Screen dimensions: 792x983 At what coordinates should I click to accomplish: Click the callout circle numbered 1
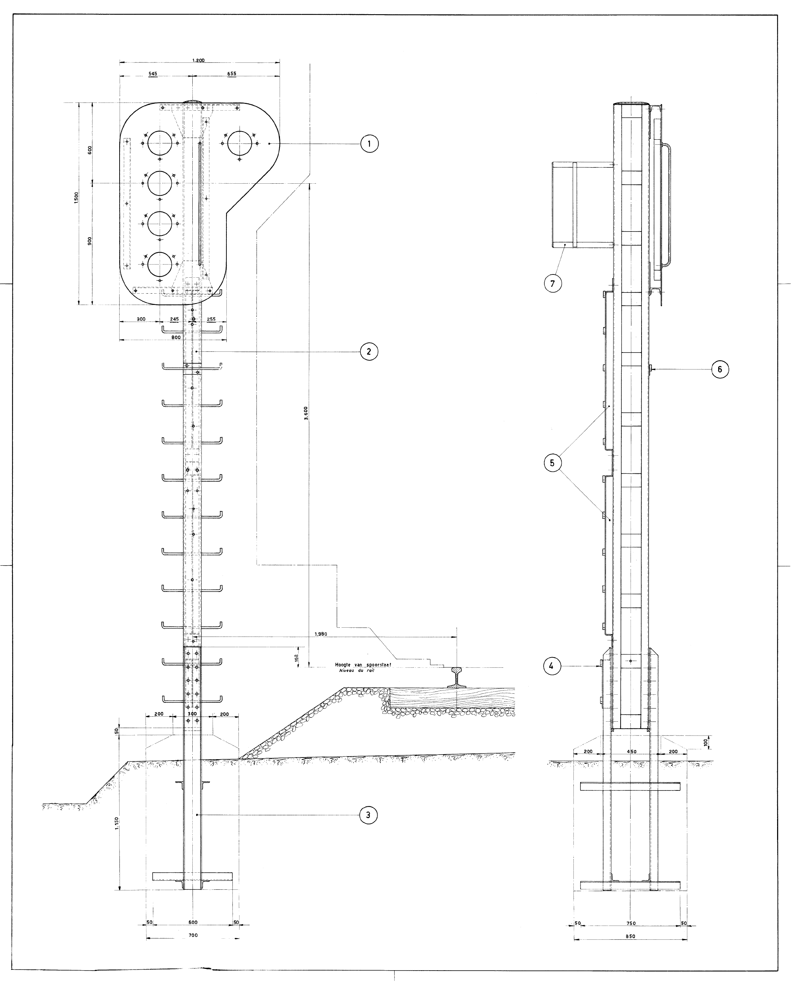point(369,144)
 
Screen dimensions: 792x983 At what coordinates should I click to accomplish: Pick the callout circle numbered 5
point(552,463)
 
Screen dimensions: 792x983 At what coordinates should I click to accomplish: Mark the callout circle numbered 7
point(552,284)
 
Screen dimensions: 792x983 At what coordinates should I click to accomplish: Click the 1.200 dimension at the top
point(198,60)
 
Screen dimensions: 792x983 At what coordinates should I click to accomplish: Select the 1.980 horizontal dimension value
point(321,634)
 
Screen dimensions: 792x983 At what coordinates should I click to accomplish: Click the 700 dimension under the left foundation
point(193,932)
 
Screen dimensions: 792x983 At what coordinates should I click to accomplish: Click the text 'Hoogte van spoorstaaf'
point(363,665)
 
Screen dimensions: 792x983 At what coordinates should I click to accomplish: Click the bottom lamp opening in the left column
point(160,264)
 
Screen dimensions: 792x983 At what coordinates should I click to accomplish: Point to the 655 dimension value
point(231,74)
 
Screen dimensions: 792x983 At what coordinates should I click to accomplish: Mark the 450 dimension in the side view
point(631,751)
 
